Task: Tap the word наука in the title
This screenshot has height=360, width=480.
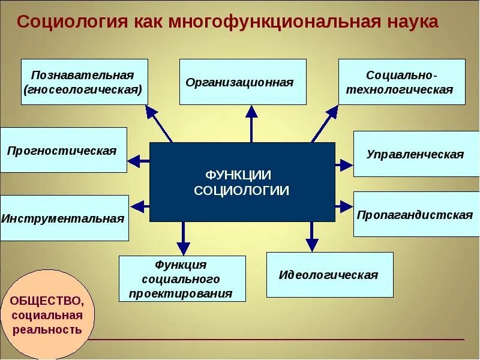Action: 412,22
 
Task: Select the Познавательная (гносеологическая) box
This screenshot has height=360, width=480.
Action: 84,82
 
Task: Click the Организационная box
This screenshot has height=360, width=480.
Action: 242,82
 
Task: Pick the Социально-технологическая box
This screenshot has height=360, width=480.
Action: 401,82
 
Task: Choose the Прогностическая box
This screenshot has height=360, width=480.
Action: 63,150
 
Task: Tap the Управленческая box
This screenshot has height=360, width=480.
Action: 416,154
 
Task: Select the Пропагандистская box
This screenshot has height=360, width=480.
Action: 416,215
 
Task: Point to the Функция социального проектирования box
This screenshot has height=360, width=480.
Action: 182,279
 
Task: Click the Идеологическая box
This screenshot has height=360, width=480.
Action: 329,275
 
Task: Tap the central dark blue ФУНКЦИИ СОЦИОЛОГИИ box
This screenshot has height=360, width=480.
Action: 242,182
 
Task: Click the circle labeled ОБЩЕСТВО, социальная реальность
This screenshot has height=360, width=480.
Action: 46,314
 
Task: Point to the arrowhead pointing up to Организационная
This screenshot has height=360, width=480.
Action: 252,112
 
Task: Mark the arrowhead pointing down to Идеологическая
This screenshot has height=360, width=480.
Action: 312,244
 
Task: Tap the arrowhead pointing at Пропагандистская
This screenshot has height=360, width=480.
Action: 346,207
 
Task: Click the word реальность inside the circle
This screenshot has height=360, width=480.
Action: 46,329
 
